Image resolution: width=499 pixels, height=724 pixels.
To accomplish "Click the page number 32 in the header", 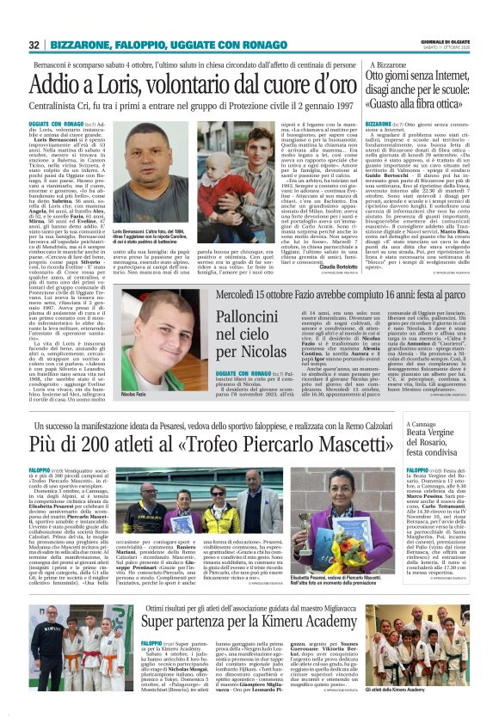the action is (x=34, y=45).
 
